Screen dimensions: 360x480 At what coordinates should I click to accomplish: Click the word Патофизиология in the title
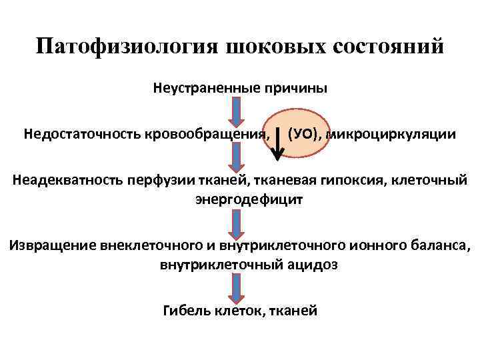pyautogui.click(x=127, y=48)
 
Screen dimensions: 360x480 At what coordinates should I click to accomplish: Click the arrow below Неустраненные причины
pyautogui.click(x=235, y=111)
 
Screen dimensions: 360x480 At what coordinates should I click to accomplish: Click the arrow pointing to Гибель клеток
pyautogui.click(x=235, y=287)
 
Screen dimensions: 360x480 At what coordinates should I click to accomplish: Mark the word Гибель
pyautogui.click(x=185, y=310)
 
